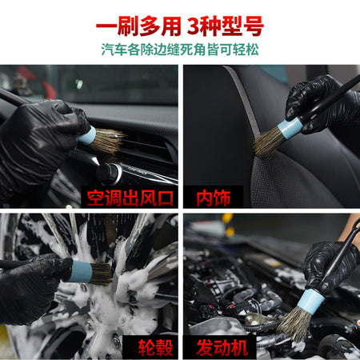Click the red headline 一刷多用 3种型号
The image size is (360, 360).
point(180,26)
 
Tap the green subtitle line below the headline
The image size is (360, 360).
point(180,50)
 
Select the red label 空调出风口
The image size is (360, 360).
point(130,198)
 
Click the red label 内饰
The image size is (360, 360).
point(213,198)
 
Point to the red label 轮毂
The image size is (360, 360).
point(155,348)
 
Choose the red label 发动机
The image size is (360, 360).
point(222,348)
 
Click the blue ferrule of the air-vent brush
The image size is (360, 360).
point(86,135)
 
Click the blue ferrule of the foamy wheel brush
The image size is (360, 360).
point(81,271)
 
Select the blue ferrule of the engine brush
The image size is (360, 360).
point(310,301)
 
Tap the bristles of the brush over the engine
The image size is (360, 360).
point(294,324)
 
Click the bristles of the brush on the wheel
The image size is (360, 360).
point(101,274)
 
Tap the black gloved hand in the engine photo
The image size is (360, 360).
point(330,266)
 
